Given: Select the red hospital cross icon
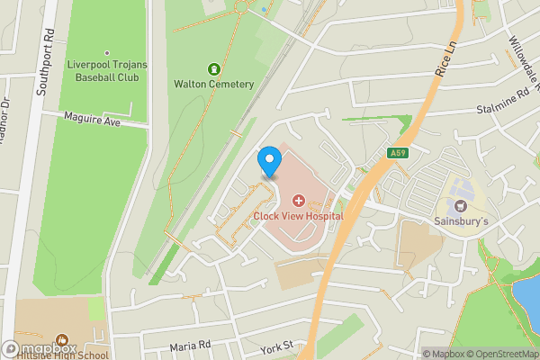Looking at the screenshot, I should [x=298, y=197].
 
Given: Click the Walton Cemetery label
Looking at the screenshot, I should [x=213, y=85].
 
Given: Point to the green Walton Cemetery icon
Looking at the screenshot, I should [x=213, y=68].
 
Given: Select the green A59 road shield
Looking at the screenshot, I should [x=400, y=154].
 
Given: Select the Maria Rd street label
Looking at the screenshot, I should [x=190, y=346].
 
